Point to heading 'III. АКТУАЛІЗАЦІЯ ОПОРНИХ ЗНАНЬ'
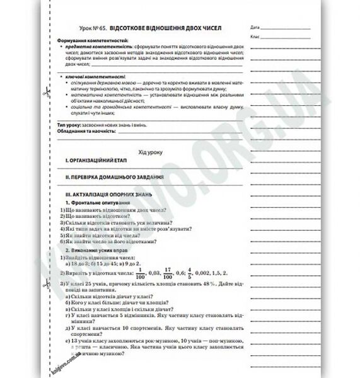(107, 196)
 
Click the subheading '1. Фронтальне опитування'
(96, 203)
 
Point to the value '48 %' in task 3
(201, 285)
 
